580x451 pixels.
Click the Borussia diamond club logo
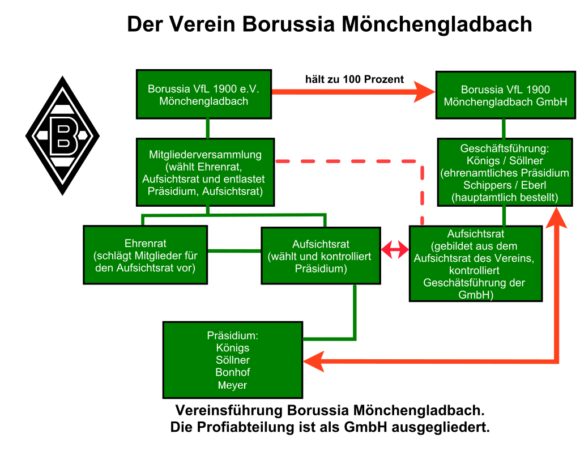62,135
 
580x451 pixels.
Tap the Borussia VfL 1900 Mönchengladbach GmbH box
505,96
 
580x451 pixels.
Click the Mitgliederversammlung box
205,172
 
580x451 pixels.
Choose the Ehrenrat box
145,255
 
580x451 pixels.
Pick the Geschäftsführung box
505,172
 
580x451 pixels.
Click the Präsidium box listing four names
232,360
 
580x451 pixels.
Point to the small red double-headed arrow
395,249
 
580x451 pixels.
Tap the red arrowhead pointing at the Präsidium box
313,361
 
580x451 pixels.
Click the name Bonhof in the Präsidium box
232,372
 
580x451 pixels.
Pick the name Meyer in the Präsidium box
232,385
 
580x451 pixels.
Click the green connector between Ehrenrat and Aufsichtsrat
234,250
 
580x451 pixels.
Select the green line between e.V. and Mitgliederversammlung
208,129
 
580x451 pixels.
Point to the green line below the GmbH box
503,129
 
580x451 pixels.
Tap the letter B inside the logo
62,136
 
